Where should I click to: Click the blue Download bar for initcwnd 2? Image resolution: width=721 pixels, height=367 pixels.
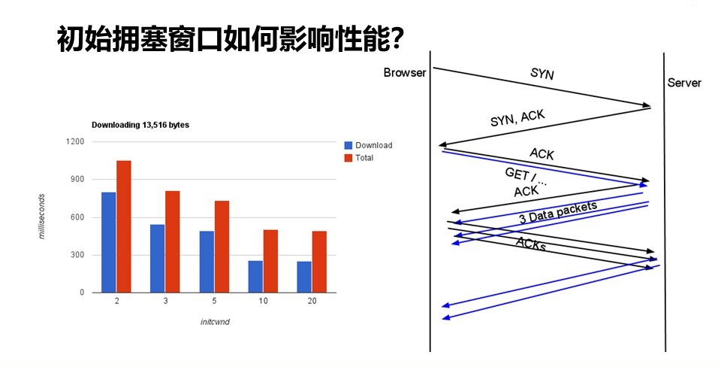click(108, 242)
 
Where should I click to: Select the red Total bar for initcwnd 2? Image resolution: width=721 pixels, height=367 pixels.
click(124, 226)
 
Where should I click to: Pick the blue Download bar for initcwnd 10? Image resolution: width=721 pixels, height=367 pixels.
click(255, 277)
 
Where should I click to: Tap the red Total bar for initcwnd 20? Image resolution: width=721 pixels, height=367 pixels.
click(319, 262)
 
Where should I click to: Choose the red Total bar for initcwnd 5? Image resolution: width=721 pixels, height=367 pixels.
click(222, 247)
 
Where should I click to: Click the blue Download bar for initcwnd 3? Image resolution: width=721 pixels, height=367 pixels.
click(157, 258)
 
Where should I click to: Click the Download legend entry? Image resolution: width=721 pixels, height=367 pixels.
click(368, 145)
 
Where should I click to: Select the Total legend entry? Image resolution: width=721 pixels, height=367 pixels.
click(359, 158)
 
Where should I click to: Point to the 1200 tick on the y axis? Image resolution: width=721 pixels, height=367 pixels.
click(75, 141)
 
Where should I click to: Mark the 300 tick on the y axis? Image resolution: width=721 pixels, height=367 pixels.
click(79, 255)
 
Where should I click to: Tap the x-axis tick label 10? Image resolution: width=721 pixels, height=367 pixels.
click(263, 301)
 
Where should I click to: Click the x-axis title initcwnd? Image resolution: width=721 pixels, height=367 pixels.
click(215, 322)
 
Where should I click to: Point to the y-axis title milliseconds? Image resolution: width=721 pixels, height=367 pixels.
click(42, 217)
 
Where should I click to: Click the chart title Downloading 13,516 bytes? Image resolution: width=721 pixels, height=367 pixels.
click(140, 125)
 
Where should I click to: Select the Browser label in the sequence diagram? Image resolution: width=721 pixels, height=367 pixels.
click(405, 73)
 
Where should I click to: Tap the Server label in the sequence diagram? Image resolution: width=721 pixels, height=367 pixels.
click(684, 83)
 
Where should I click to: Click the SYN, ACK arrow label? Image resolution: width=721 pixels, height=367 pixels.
click(517, 118)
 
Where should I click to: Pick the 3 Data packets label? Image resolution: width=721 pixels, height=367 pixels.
click(558, 212)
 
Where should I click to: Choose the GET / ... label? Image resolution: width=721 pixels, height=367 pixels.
click(526, 177)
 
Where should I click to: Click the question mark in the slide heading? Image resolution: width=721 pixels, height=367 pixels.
click(395, 39)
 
